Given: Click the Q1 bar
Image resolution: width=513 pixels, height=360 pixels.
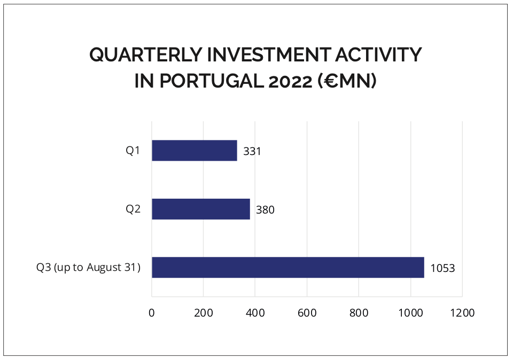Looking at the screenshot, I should [195, 151].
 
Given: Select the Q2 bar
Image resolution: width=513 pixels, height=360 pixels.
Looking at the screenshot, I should [201, 209].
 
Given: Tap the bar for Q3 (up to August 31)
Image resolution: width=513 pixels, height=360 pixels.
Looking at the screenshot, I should [287, 267].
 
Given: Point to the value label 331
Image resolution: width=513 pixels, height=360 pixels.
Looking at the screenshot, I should [252, 151].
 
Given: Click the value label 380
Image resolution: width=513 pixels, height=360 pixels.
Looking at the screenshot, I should [265, 210].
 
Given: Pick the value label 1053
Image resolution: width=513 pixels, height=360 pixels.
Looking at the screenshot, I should [442, 268].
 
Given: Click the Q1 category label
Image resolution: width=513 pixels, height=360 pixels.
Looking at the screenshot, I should [133, 151].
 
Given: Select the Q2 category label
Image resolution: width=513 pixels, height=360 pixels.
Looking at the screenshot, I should [133, 209].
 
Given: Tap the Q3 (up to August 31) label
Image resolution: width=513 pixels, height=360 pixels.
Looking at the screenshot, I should [89, 267].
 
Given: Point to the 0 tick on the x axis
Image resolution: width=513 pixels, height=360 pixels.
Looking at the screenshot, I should [152, 313].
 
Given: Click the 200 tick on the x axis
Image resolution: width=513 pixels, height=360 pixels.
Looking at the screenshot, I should [204, 313].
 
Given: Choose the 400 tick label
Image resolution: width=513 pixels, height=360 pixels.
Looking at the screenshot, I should [255, 313].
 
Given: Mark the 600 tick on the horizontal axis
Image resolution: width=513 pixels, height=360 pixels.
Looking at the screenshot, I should [307, 313].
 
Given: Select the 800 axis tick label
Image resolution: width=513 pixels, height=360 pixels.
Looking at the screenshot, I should [359, 313].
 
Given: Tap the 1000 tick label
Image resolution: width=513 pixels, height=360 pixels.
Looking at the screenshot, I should [410, 313].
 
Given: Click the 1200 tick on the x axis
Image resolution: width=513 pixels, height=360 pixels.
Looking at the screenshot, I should [462, 313].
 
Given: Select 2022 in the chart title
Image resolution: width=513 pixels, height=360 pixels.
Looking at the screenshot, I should [292, 82].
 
